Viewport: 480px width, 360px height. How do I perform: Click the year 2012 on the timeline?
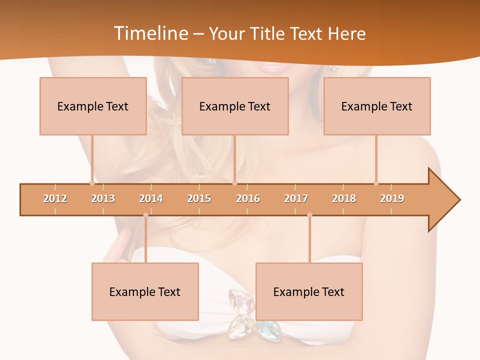pyautogui.click(x=55, y=198)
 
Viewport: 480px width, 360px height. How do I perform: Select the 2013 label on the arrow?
pyautogui.click(x=103, y=198)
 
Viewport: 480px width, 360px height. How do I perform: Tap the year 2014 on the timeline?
pyautogui.click(x=151, y=198)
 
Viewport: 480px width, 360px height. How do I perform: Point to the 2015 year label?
pyautogui.click(x=199, y=198)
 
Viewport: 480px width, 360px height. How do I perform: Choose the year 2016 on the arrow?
pyautogui.click(x=248, y=198)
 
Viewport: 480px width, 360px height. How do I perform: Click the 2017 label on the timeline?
pyautogui.click(x=296, y=198)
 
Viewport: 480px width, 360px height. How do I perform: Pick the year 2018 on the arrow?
pyautogui.click(x=344, y=198)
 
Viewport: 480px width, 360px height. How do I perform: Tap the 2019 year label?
pyautogui.click(x=392, y=198)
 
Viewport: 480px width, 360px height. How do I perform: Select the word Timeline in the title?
pyautogui.click(x=150, y=33)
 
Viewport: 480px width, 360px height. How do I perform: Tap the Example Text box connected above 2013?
pyautogui.click(x=93, y=106)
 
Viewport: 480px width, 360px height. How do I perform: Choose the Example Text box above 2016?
pyautogui.click(x=235, y=106)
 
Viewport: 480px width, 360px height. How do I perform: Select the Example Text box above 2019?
pyautogui.click(x=377, y=106)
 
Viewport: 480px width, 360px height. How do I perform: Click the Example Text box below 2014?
pyautogui.click(x=145, y=291)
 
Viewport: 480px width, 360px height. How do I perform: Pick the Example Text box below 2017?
pyautogui.click(x=309, y=291)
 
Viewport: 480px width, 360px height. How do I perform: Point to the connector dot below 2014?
pyautogui.click(x=145, y=215)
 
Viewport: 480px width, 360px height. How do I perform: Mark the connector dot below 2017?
pyautogui.click(x=309, y=215)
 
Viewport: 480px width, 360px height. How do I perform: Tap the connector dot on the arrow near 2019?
pyautogui.click(x=376, y=183)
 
